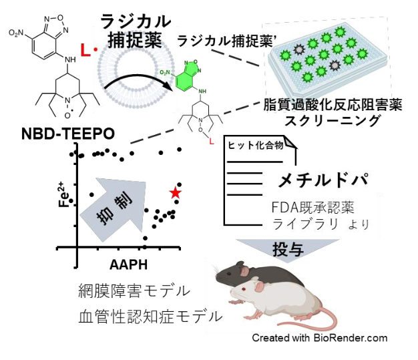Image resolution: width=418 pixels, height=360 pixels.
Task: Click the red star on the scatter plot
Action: click(x=175, y=192)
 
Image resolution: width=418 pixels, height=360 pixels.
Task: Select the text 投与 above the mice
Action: click(x=288, y=250)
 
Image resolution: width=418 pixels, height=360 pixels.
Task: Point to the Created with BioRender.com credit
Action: click(x=320, y=338)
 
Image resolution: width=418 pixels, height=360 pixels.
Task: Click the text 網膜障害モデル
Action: click(x=134, y=291)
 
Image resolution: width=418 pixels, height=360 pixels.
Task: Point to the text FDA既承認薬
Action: click(x=310, y=206)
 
